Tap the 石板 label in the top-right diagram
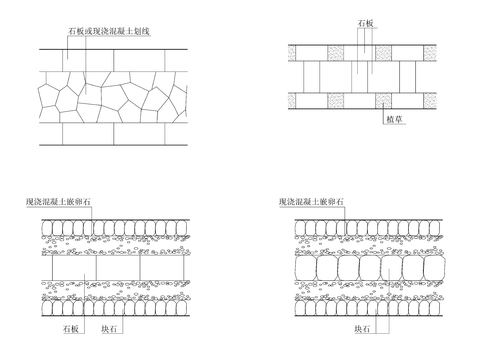[x=367, y=21]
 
